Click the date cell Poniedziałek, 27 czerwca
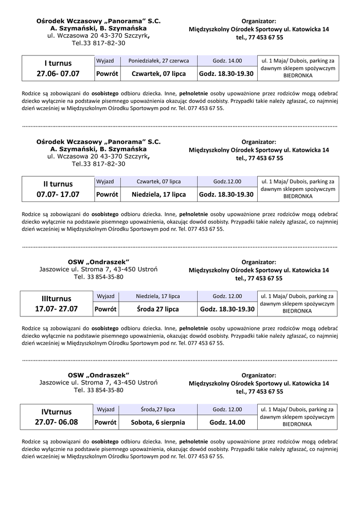pyautogui.click(x=158, y=61)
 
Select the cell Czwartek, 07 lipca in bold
pyautogui.click(x=158, y=73)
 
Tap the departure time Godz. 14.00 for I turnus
pyautogui.click(x=227, y=61)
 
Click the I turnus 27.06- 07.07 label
pyautogui.click(x=58, y=68)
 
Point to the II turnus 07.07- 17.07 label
pyautogui.click(x=58, y=189)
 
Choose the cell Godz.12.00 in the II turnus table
pyautogui.click(x=227, y=182)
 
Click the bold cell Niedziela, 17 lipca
pyautogui.click(x=158, y=194)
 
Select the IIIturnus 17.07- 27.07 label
pyautogui.click(x=57, y=304)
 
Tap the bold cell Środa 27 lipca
pyautogui.click(x=158, y=309)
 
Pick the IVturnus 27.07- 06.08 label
pyautogui.click(x=57, y=417)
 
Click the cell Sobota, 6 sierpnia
pyautogui.click(x=158, y=422)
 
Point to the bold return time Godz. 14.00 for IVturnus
pyautogui.click(x=227, y=422)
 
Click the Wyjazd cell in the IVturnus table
pyautogui.click(x=106, y=409)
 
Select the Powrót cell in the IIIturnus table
pyautogui.click(x=106, y=309)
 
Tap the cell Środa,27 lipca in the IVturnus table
pyautogui.click(x=158, y=409)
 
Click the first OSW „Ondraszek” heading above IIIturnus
pyautogui.click(x=98, y=261)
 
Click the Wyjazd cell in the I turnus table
pyautogui.click(x=106, y=61)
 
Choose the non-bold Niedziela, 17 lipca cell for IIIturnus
pyautogui.click(x=158, y=296)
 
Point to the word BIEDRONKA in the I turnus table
pyautogui.click(x=298, y=76)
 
